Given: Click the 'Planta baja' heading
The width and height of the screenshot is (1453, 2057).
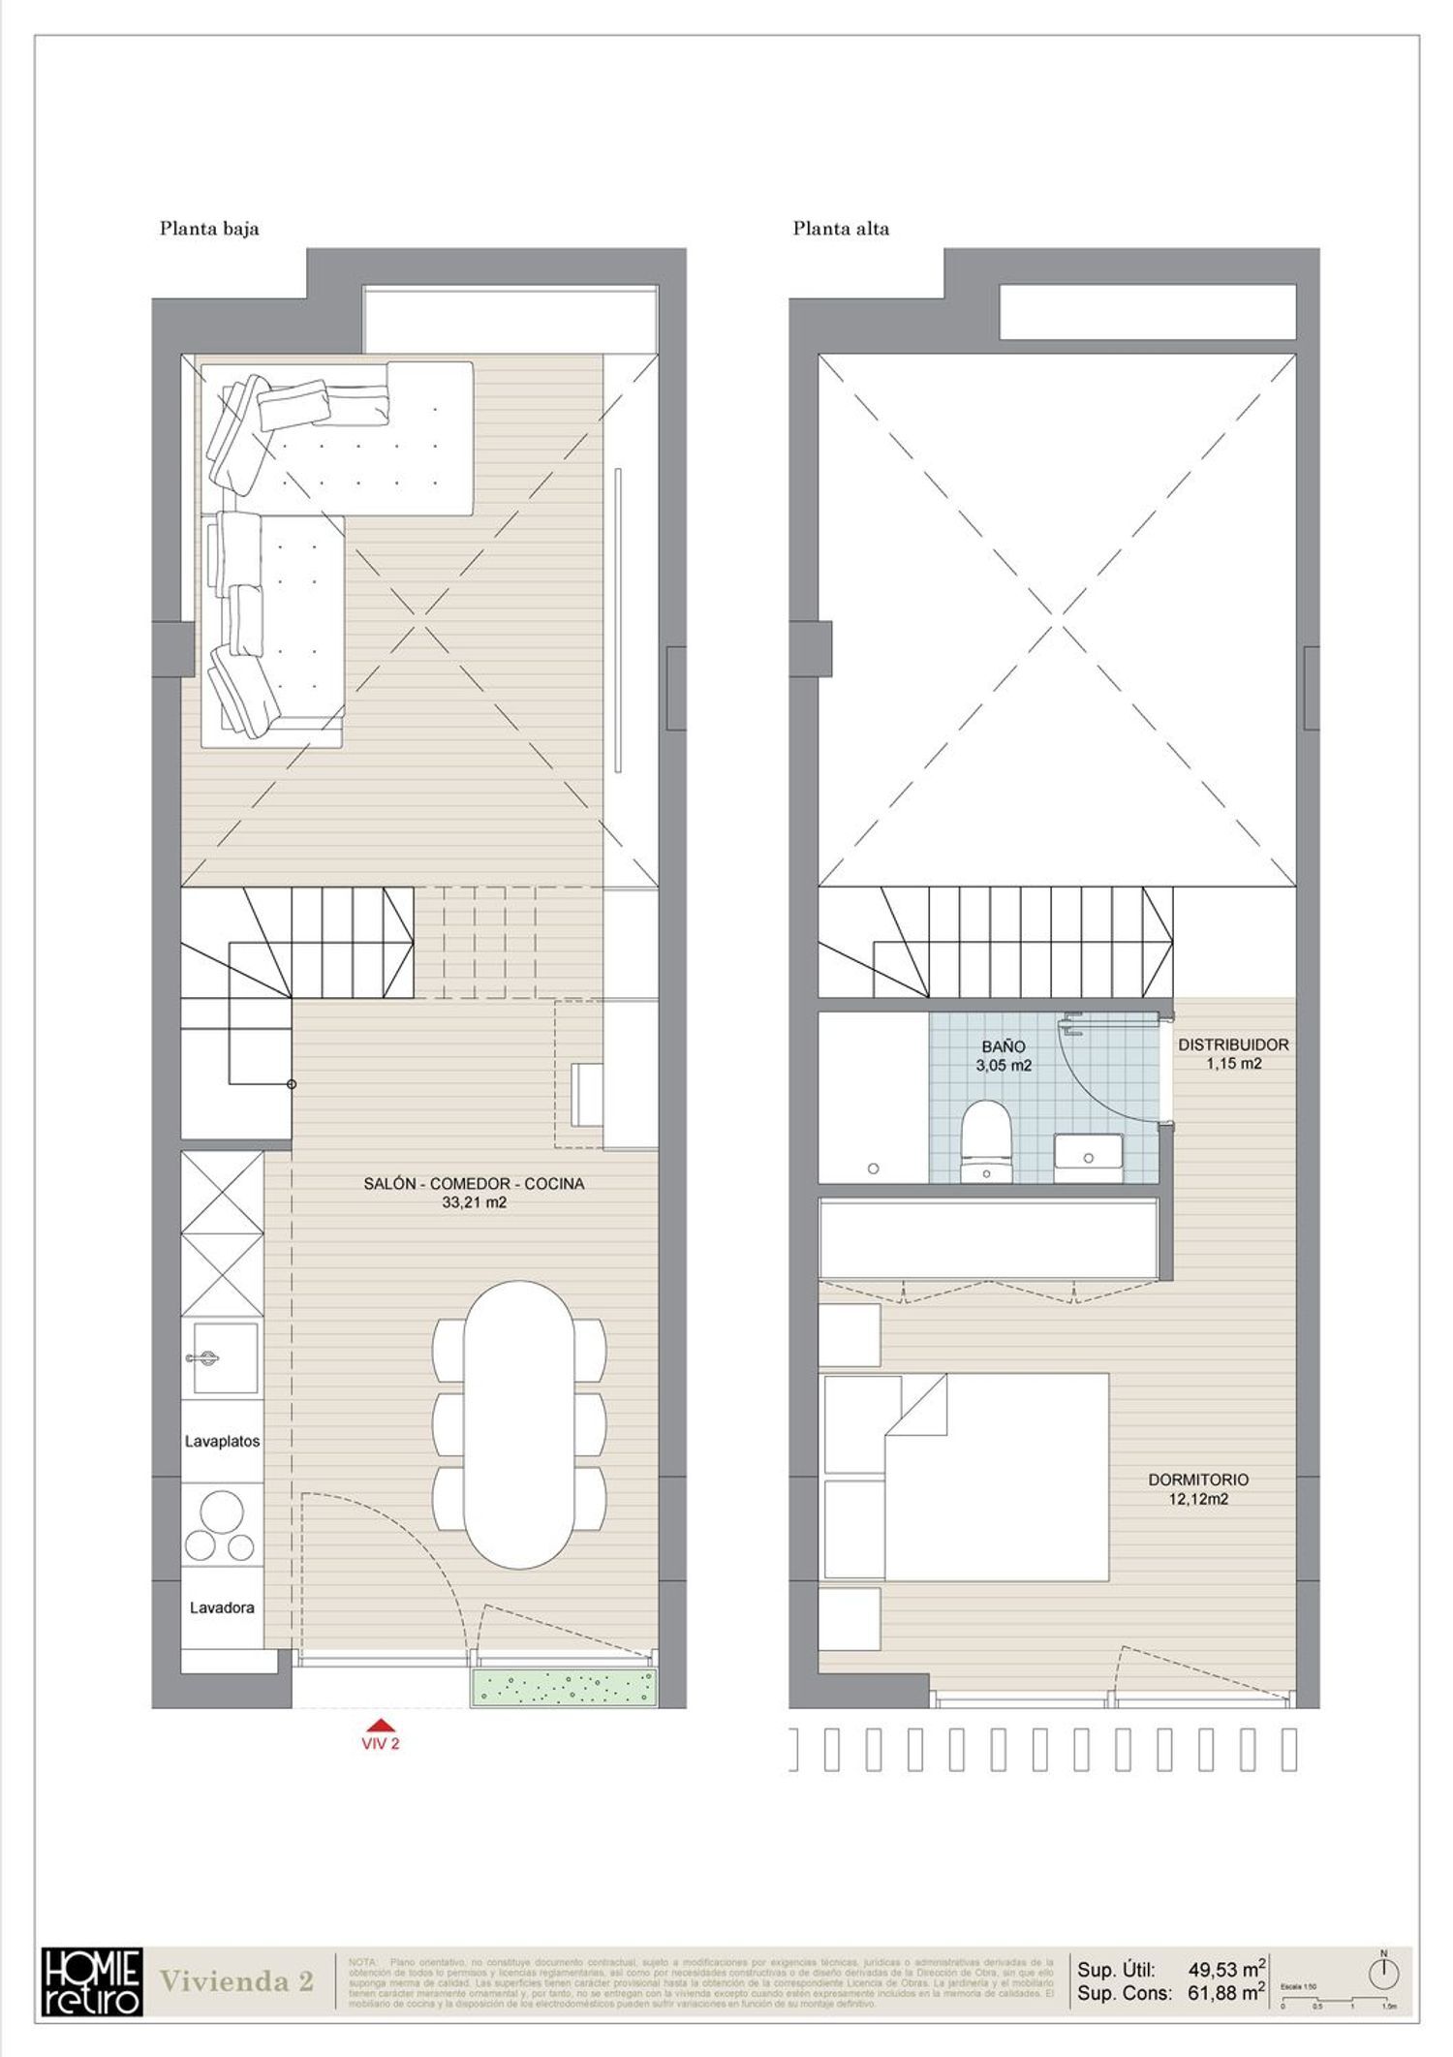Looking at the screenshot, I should point(209,230).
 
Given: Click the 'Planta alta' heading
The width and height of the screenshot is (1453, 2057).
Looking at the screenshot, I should point(840,230).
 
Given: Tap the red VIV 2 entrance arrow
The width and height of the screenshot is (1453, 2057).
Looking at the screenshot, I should point(382,1724).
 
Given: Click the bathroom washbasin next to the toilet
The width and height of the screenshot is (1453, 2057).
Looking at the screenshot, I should point(1087,1157).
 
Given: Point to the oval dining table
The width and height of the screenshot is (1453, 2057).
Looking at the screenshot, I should point(518,1425).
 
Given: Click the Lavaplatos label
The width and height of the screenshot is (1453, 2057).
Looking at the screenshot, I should point(222,1441).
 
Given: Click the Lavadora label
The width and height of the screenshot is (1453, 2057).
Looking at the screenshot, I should point(222,1607).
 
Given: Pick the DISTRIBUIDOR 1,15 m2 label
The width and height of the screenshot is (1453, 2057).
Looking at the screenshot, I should point(1232,1053).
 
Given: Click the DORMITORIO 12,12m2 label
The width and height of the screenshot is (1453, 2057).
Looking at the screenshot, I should point(1197,1489).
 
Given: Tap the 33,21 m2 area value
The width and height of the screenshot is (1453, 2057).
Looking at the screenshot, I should point(474,1202).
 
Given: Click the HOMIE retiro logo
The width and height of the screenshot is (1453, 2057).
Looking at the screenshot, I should point(92,1980).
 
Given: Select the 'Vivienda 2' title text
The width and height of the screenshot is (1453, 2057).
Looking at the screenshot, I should point(236,1981).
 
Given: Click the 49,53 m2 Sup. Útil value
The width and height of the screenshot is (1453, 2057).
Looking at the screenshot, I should point(1226,1969).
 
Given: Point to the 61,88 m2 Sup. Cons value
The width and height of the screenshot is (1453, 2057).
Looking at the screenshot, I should point(1226,1993).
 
